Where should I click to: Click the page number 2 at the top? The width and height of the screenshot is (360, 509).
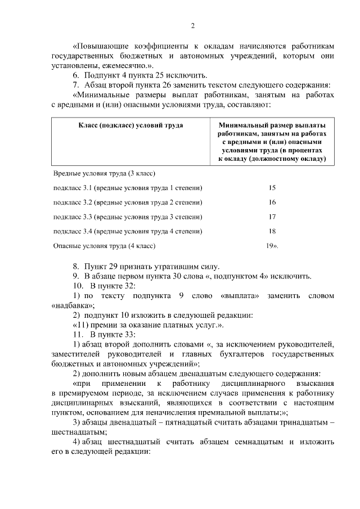[192, 25]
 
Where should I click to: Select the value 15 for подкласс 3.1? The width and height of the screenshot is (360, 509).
[272, 187]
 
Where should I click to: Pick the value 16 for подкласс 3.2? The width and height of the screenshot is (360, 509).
[272, 202]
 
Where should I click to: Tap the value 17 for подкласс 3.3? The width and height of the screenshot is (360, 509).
[272, 217]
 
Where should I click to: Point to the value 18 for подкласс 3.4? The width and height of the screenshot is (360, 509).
[272, 231]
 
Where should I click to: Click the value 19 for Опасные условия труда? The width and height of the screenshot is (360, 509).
[271, 246]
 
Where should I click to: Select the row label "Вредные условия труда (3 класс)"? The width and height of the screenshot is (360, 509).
[104, 173]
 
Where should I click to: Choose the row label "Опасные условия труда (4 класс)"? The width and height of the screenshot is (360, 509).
[104, 246]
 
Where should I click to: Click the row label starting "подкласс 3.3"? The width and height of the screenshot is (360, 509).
[127, 217]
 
